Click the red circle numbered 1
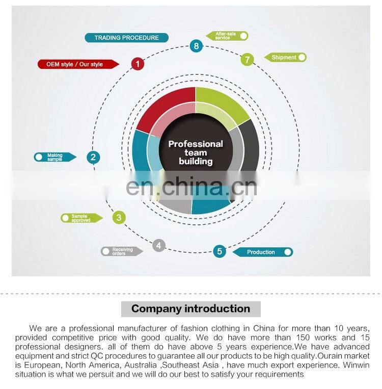click(138, 64)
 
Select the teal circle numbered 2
click(93, 157)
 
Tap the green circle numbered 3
click(119, 218)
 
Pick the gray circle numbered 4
click(159, 246)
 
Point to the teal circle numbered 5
click(220, 251)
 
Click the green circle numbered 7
click(247, 60)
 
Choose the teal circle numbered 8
click(197, 46)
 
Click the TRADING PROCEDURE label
click(126, 38)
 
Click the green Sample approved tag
click(81, 218)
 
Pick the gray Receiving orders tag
click(121, 251)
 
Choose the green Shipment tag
click(285, 58)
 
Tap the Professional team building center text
click(196, 152)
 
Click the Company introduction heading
click(190, 309)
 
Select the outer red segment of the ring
click(163, 105)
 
